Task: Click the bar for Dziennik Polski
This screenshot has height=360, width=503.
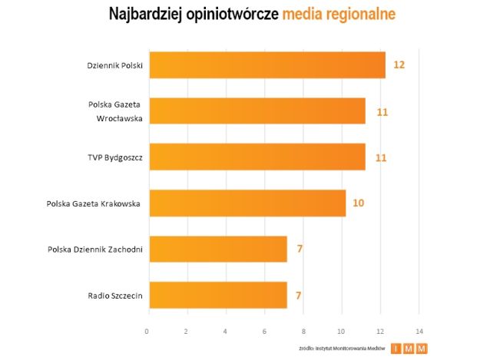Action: click(x=266, y=65)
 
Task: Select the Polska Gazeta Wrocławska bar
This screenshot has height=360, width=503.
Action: click(x=256, y=111)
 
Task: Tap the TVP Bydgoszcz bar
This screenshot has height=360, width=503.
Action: click(x=256, y=157)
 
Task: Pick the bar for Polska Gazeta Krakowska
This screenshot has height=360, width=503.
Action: click(x=247, y=203)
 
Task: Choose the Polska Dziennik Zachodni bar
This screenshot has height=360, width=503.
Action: click(x=217, y=249)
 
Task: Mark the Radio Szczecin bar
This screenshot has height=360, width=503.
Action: click(x=217, y=295)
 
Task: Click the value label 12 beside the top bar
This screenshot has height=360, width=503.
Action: click(x=399, y=65)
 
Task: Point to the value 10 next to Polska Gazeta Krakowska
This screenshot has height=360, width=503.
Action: click(x=359, y=203)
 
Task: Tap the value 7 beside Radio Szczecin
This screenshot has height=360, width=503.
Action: click(x=299, y=295)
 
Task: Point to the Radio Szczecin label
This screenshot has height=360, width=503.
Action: click(x=116, y=296)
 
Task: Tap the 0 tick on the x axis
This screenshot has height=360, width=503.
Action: click(x=147, y=332)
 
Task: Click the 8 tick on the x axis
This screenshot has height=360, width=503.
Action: click(x=303, y=332)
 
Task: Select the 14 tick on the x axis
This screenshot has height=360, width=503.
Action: click(x=419, y=332)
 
